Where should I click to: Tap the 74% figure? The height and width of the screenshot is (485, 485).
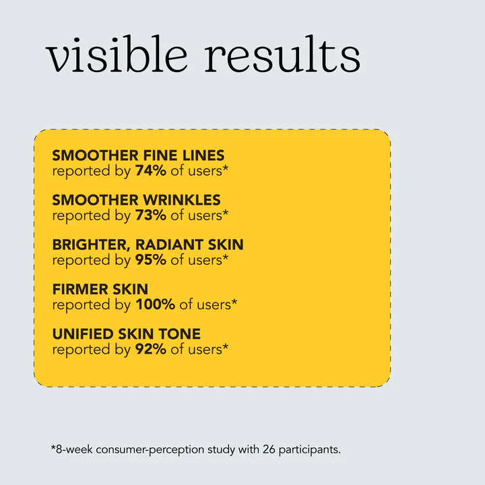[150, 170]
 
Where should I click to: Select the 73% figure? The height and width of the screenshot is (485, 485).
[150, 215]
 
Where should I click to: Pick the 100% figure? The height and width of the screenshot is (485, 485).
[155, 304]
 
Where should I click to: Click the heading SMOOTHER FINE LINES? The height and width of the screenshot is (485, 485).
[138, 156]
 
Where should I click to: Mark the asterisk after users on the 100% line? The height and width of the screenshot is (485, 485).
[234, 301]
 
